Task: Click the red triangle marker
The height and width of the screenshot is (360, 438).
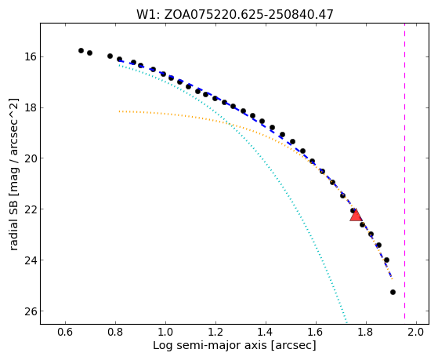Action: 356,216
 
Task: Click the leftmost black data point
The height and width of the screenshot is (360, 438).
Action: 81,51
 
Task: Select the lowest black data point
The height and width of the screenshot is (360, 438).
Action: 393,292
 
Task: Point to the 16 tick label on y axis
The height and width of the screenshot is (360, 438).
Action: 30,56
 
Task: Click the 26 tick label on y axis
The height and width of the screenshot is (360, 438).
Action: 30,311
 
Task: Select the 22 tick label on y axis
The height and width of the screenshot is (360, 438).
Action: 30,209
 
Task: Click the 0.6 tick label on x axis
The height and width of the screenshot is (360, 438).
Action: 65,333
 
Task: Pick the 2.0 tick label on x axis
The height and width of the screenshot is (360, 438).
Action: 416,333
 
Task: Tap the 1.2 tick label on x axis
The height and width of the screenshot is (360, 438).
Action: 215,333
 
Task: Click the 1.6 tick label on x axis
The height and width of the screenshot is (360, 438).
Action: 316,333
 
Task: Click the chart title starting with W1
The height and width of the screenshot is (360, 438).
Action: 234,14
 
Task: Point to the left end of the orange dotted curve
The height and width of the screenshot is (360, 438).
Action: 119,111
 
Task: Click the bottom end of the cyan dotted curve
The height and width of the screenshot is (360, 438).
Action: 346,322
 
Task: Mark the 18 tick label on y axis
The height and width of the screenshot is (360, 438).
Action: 30,107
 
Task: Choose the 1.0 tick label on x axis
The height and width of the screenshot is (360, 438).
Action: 165,333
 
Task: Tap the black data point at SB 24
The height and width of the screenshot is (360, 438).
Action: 386,260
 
